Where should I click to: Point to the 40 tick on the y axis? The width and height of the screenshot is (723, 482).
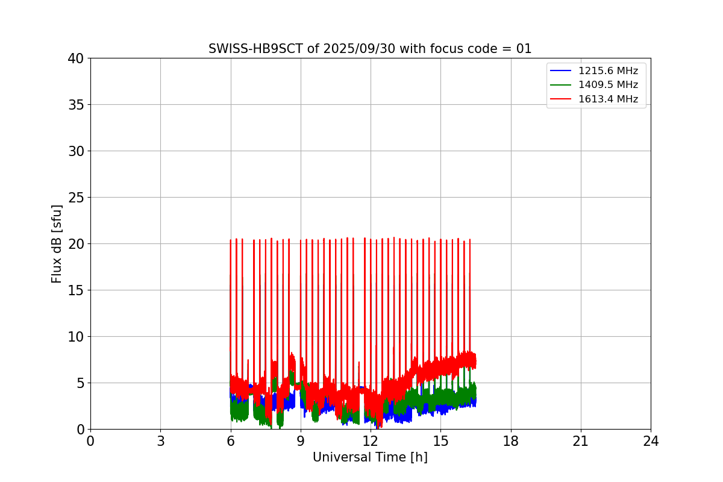(76, 58)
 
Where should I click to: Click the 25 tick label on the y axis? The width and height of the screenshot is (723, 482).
(76, 198)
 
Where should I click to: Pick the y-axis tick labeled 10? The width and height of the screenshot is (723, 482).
(76, 337)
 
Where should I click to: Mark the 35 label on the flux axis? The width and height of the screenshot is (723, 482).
(76, 105)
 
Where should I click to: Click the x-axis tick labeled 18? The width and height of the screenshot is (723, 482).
(511, 441)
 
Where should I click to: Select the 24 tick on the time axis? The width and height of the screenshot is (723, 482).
(651, 441)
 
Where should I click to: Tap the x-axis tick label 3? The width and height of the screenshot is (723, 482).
(160, 441)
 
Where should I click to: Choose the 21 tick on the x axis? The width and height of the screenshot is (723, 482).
(581, 441)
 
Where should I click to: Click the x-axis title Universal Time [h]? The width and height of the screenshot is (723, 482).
(370, 458)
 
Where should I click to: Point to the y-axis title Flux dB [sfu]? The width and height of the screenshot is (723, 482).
(57, 243)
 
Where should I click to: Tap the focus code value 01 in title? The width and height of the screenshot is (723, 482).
(524, 49)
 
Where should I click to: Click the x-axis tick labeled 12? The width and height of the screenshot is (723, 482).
(371, 441)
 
